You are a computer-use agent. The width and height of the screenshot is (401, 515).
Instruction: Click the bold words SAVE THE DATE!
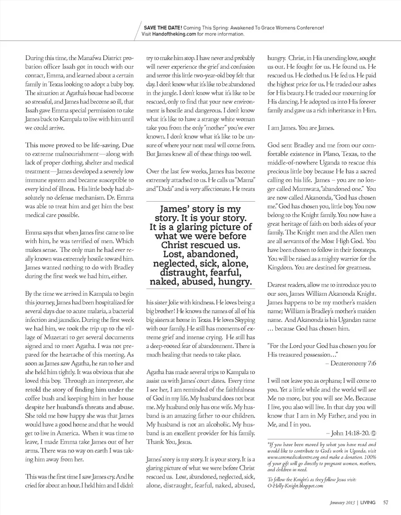click(x=162, y=28)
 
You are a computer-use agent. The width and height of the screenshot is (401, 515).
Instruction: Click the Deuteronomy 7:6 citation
click(x=353, y=364)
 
